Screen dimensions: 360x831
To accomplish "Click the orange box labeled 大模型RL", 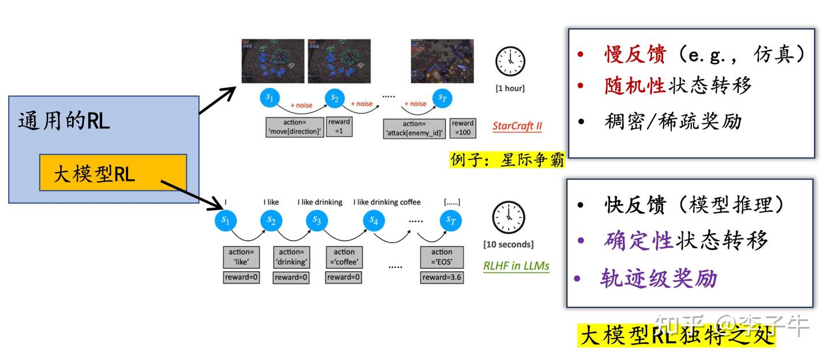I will [x=113, y=172].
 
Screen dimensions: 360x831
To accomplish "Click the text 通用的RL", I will [x=63, y=121].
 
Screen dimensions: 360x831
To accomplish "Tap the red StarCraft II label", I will [x=517, y=126].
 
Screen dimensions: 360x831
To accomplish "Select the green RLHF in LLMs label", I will [x=516, y=266].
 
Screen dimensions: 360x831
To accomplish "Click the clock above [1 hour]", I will [x=510, y=62].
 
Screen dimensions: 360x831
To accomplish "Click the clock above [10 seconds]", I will [x=508, y=218].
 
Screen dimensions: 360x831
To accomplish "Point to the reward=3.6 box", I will [x=442, y=277].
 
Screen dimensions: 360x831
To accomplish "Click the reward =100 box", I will [x=462, y=128].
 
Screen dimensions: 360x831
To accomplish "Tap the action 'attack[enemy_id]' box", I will [x=414, y=128].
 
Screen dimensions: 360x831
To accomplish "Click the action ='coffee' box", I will [x=344, y=257].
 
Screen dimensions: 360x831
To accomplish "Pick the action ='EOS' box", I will [x=441, y=257].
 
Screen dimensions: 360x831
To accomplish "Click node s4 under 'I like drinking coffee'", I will [x=374, y=220].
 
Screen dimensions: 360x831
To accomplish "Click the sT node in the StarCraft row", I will [x=442, y=98].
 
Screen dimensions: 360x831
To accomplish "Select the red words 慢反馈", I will [x=635, y=55].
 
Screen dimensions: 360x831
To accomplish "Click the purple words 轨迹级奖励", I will [x=658, y=279].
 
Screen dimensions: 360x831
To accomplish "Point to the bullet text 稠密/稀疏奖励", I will [x=673, y=121].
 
